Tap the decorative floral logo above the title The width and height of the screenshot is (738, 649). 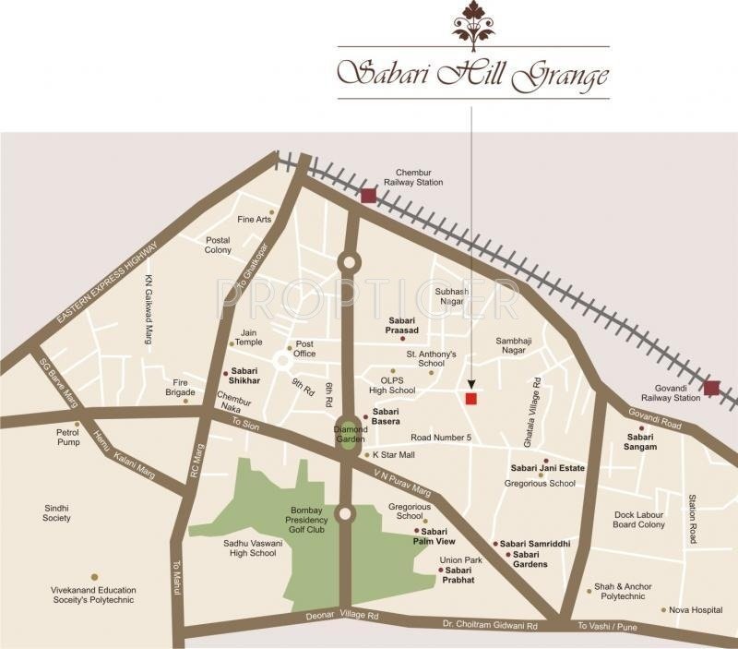[x=472, y=25]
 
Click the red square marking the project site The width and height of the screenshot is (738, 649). [x=471, y=398]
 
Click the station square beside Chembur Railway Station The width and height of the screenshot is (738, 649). [x=369, y=195]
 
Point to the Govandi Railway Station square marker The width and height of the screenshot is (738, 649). [x=711, y=388]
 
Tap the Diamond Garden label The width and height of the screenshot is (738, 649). [x=351, y=435]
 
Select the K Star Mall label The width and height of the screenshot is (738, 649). [x=394, y=454]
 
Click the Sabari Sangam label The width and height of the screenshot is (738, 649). [x=641, y=441]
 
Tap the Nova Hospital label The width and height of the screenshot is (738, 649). [x=696, y=609]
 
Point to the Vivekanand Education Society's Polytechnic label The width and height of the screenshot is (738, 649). [x=93, y=595]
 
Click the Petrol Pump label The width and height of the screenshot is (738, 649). [x=68, y=436]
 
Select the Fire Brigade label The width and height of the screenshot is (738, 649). [x=181, y=387]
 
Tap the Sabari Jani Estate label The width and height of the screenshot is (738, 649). [x=548, y=468]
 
